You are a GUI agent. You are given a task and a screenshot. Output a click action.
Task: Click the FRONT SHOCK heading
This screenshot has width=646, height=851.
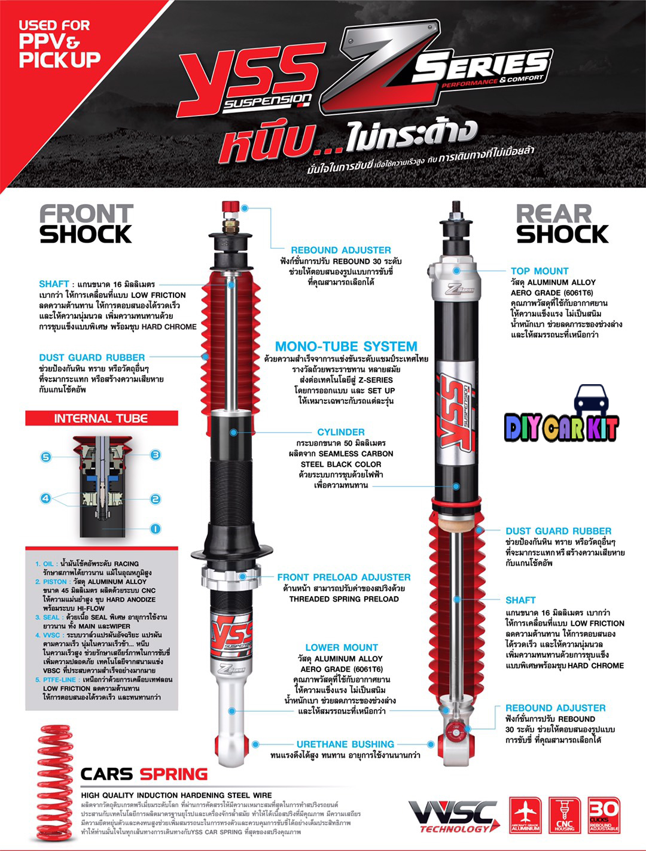click(x=86, y=224)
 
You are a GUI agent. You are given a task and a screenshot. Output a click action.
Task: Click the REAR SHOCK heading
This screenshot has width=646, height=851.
click(x=562, y=224)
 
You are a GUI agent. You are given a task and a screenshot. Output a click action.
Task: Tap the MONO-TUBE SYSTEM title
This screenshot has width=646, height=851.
click(x=346, y=347)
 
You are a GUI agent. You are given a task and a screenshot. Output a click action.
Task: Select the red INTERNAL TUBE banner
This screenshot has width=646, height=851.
click(x=101, y=418)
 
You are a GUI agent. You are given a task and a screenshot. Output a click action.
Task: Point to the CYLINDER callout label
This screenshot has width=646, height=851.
click(x=340, y=432)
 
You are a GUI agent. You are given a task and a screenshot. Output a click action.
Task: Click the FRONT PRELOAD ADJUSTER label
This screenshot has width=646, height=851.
click(x=343, y=578)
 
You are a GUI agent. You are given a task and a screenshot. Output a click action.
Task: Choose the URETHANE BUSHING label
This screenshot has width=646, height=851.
click(x=345, y=744)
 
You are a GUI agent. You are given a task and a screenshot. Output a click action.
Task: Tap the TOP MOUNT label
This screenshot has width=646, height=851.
click(x=539, y=271)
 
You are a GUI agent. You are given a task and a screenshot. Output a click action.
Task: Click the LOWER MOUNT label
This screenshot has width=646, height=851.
click(x=341, y=648)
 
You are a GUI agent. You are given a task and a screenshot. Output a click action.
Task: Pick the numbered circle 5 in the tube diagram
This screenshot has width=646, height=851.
click(x=46, y=457)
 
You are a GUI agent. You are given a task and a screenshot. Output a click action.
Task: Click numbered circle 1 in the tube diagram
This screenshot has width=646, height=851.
click(x=155, y=528)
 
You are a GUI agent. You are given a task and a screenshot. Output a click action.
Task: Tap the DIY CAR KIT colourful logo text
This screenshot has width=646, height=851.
click(x=561, y=427)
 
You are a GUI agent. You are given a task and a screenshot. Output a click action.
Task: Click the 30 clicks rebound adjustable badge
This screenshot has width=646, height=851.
click(x=604, y=814)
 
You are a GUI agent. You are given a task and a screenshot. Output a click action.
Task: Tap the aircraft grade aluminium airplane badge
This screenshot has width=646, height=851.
click(x=526, y=814)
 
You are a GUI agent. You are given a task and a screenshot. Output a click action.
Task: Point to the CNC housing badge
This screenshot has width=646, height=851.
click(x=564, y=814)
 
